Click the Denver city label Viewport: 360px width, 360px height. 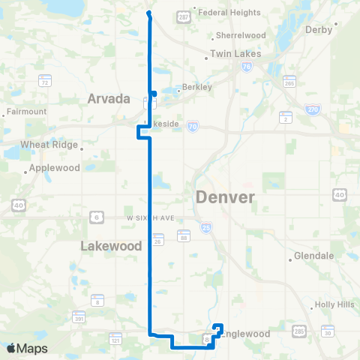[225, 197]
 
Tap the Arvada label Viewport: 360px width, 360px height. [109, 98]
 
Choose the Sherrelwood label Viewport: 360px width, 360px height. [241, 35]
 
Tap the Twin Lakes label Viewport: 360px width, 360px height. [235, 54]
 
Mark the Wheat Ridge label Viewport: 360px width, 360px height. [46, 144]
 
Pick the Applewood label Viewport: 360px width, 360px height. [55, 168]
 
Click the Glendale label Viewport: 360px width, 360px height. [313, 255]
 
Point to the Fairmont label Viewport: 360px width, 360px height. [26, 112]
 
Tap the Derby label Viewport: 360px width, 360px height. [318, 30]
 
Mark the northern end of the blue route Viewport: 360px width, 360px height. [148, 13]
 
